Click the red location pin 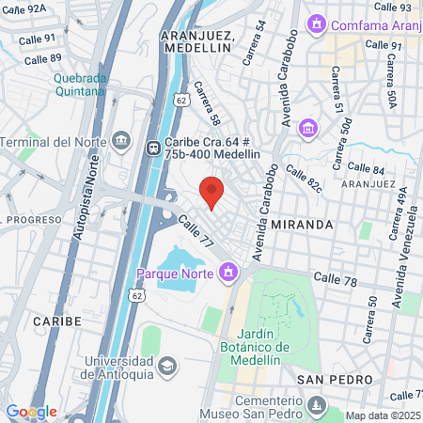pos(212,192)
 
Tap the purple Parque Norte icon pos(227,274)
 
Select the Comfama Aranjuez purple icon pos(317,23)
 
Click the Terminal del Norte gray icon pos(121,142)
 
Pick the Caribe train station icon pos(153,147)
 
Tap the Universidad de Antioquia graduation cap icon pos(166,364)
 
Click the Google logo pos(31,412)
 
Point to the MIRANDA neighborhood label pos(302,225)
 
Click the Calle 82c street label pos(304,179)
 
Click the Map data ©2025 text pos(382,415)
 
